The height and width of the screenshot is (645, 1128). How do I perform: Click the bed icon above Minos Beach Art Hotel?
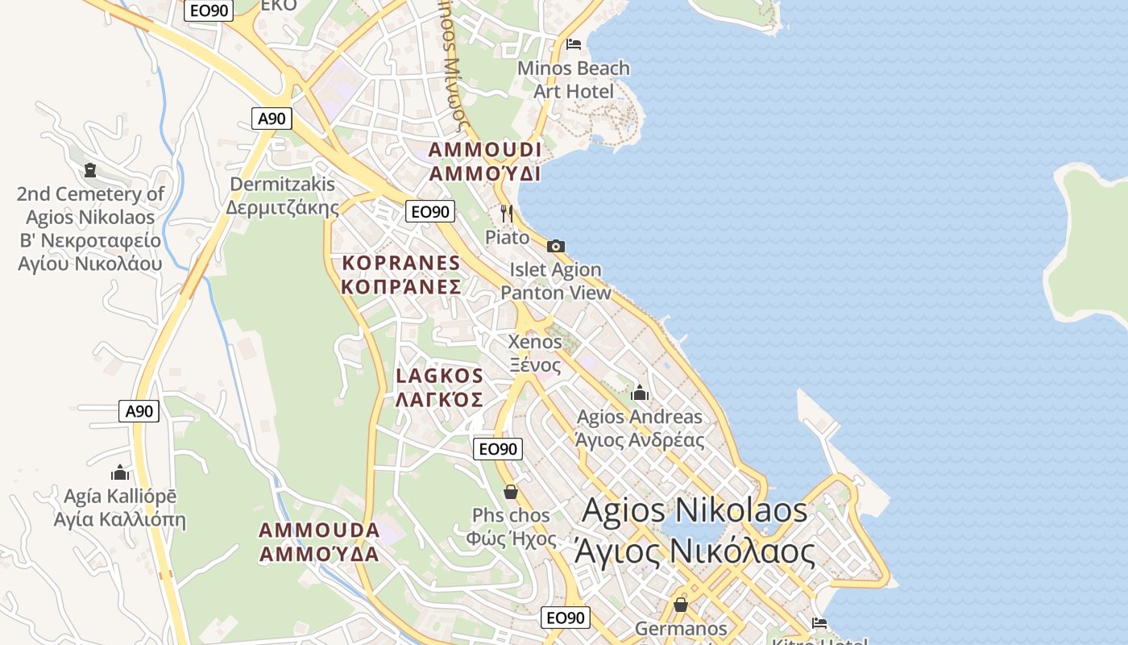[x=574, y=44]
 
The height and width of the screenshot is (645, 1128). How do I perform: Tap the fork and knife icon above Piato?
[x=507, y=214]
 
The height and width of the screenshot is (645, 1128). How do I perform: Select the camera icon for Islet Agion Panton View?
[x=555, y=246]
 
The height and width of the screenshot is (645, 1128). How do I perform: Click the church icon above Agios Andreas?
[x=640, y=393]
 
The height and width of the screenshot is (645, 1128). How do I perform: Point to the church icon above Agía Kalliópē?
[x=120, y=472]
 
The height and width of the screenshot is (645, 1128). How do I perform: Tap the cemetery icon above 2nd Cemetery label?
[x=89, y=170]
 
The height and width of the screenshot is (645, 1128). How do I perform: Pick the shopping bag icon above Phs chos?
[x=510, y=491]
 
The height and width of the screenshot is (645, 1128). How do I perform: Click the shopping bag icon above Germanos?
[x=681, y=604]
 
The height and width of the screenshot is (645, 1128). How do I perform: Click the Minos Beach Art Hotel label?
[x=574, y=79]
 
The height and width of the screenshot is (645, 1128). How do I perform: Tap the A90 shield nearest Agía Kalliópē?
[x=139, y=411]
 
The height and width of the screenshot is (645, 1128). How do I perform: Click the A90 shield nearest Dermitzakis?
[x=272, y=119]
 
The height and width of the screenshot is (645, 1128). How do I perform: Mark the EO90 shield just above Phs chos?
[x=499, y=449]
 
